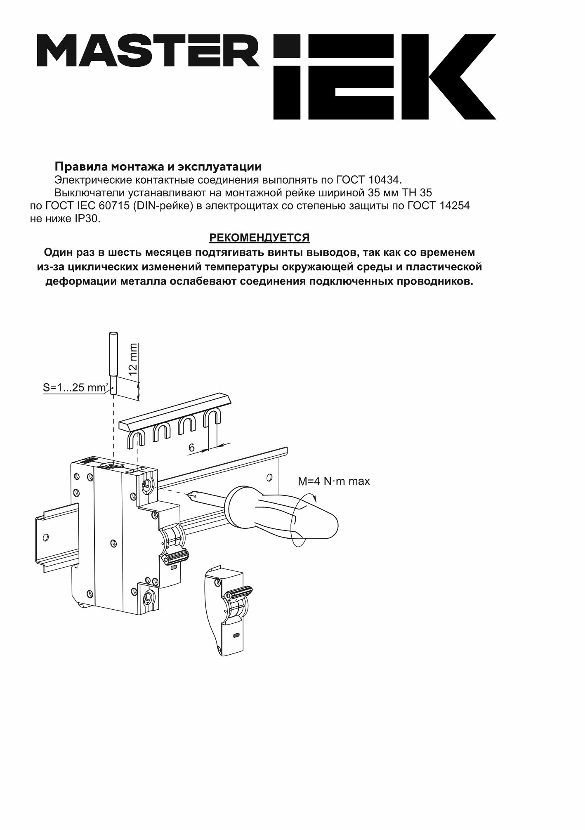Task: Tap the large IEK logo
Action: point(384,77)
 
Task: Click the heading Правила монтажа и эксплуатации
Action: point(158,167)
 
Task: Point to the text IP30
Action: point(87,219)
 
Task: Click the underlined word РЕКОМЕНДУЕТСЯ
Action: point(259,238)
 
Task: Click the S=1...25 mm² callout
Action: point(76,388)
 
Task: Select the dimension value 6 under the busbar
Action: point(191,448)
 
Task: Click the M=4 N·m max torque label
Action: point(334,481)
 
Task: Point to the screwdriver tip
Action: point(191,495)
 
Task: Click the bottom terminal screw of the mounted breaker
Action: point(146,596)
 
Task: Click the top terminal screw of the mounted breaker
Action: point(146,484)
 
